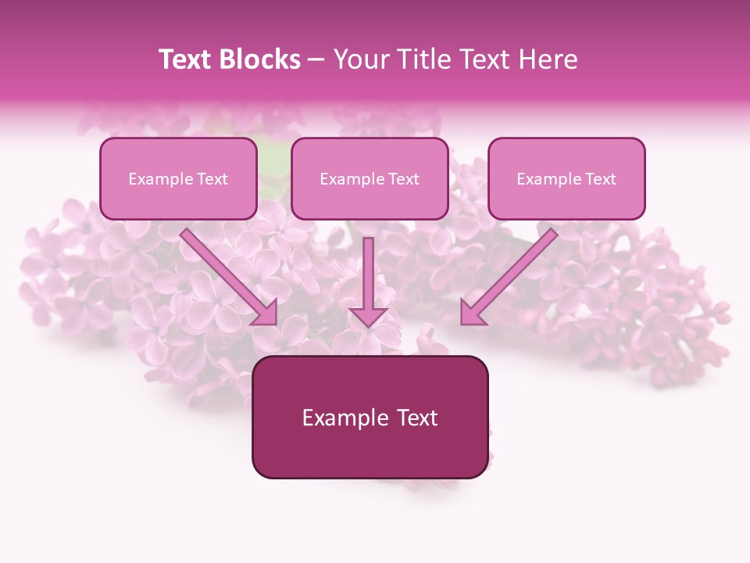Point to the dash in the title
[316, 60]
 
